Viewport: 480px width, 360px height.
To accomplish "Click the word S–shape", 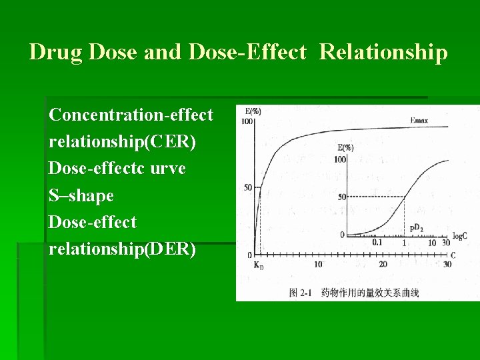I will (x=81, y=195).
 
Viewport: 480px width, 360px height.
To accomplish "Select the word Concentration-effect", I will (x=131, y=115).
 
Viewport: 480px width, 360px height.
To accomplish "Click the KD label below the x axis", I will (x=259, y=265).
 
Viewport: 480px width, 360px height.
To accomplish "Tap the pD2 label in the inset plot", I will (x=416, y=228).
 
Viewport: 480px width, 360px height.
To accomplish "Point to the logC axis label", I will (x=459, y=236).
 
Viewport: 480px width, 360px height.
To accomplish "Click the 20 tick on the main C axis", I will (x=383, y=264).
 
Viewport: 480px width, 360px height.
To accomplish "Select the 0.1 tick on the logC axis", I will (x=377, y=243).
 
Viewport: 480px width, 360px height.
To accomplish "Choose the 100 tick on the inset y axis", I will (x=341, y=159).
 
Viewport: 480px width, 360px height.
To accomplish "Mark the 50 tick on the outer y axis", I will (x=247, y=187).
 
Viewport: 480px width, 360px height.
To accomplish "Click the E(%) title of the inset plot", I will (x=345, y=147).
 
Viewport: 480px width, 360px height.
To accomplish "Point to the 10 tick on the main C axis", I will (x=318, y=264).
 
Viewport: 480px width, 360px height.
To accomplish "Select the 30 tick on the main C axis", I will (x=447, y=264).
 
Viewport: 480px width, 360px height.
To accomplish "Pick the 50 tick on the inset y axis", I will (x=342, y=197).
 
